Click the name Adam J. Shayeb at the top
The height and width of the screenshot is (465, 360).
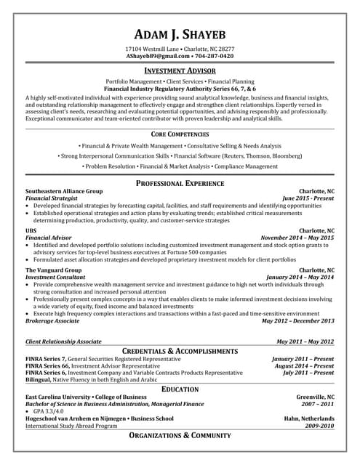coord(180,35)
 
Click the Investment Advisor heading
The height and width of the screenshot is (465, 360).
coord(180,71)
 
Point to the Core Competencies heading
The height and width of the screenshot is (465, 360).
coord(180,114)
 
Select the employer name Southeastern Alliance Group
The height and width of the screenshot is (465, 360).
coord(64,191)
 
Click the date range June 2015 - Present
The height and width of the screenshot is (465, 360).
coord(308,198)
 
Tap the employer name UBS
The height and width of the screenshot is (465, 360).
coord(31,231)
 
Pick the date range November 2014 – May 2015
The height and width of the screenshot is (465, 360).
coord(297,238)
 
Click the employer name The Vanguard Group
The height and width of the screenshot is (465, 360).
coord(53,270)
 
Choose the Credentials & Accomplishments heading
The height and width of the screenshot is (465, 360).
coord(180,349)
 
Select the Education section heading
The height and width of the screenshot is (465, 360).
coord(180,389)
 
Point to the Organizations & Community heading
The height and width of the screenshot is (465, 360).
coord(180,435)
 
